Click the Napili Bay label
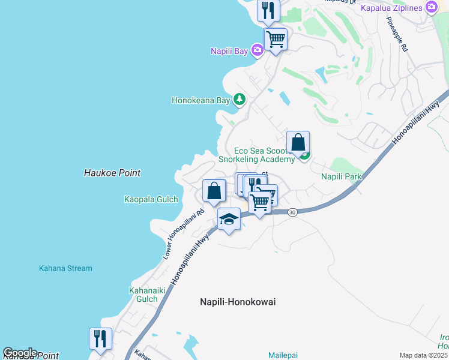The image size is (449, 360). point(229,51)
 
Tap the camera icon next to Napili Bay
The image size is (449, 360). point(257,50)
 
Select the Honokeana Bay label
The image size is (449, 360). point(200,101)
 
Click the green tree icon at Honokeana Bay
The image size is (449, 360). point(240,99)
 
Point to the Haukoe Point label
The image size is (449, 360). point(112,173)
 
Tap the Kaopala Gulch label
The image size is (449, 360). point(150,199)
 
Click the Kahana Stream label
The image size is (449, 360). point(65,268)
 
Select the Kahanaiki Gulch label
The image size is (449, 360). point(143,294)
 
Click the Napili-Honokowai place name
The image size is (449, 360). point(238,302)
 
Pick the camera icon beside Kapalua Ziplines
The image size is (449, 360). point(430,7)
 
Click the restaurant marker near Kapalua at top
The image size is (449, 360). point(268,10)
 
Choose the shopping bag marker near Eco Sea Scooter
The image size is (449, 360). point(298,143)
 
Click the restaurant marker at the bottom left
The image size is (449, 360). point(100,339)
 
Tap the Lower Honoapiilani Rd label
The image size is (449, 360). point(184,234)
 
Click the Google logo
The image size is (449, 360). point(20,353)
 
